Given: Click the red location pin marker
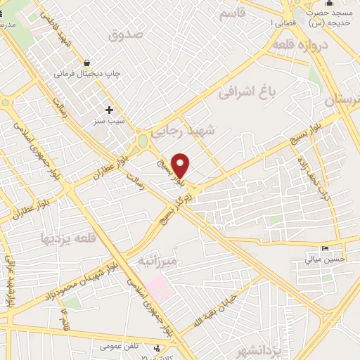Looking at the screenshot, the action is tap(181, 165).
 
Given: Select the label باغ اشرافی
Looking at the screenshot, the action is tap(245, 91).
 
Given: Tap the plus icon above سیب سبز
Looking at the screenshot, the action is tap(109, 110).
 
